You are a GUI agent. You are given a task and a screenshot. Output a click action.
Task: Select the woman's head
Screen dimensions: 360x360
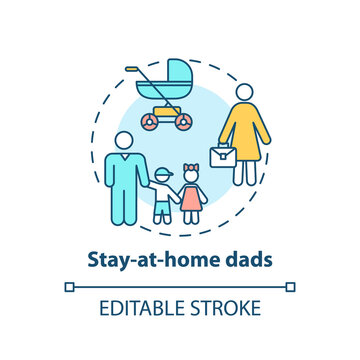pyautogui.click(x=244, y=94)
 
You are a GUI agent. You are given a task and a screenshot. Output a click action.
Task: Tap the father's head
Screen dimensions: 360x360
pyautogui.click(x=123, y=145)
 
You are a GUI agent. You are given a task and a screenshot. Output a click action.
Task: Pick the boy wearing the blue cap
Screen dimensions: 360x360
pyautogui.click(x=162, y=195)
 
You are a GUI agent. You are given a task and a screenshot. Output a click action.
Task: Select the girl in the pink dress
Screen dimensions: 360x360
pyautogui.click(x=191, y=195)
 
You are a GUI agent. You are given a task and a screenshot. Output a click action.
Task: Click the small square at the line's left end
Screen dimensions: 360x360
pyautogui.click(x=69, y=287)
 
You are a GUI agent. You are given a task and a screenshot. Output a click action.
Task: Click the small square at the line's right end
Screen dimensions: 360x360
pyautogui.click(x=291, y=287)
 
